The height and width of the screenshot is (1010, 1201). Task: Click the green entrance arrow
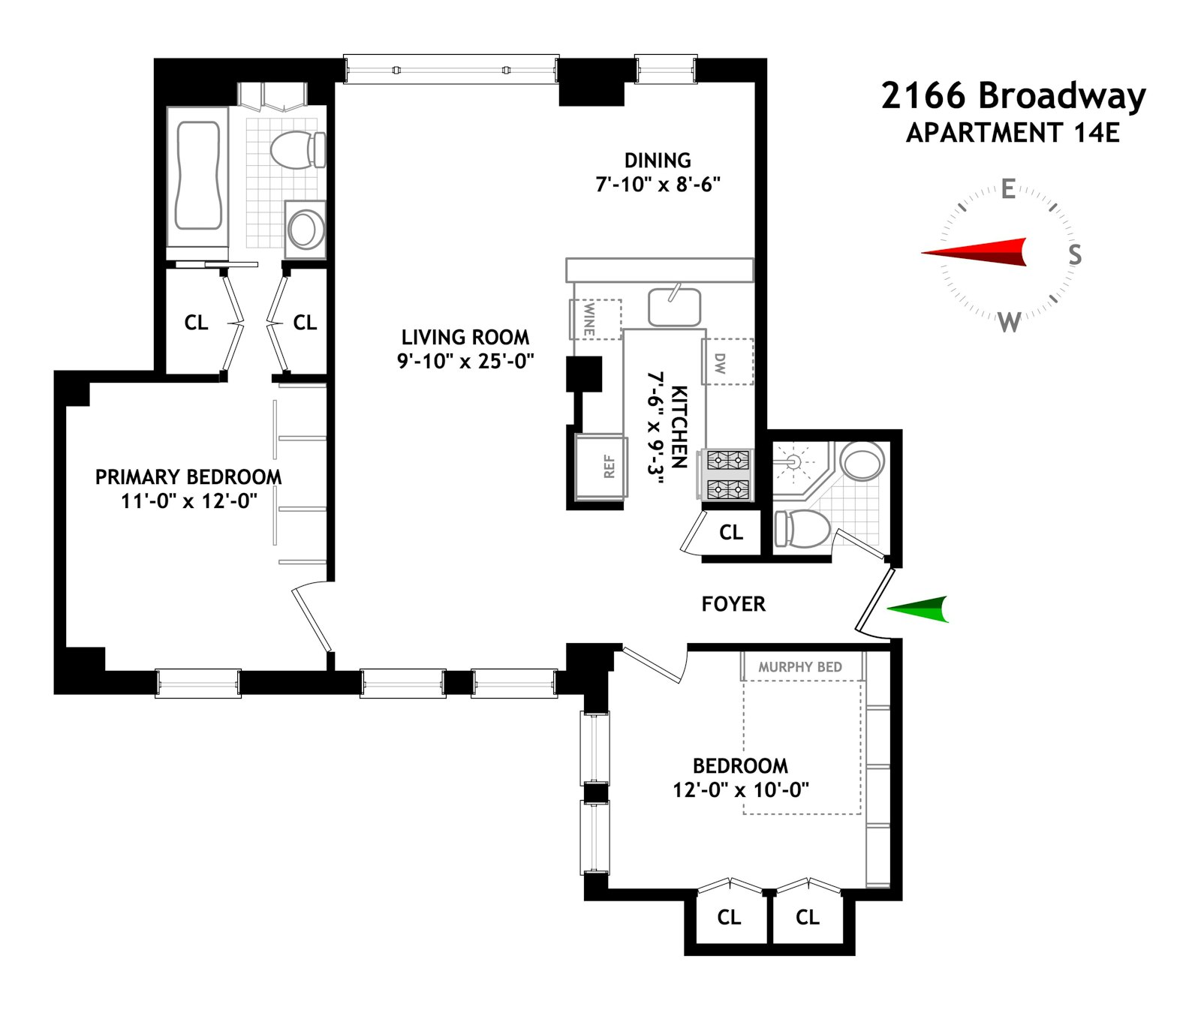click(920, 609)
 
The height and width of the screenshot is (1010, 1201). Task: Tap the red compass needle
click(976, 252)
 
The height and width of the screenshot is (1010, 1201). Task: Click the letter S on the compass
click(1075, 255)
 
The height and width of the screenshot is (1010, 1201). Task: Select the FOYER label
click(733, 604)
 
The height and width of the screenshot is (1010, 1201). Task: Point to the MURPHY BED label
click(800, 667)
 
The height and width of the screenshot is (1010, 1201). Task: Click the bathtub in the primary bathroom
click(198, 176)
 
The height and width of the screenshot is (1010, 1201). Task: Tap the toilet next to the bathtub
click(296, 150)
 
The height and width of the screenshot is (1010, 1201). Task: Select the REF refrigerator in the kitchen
click(600, 467)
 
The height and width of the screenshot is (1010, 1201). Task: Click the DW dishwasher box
click(726, 362)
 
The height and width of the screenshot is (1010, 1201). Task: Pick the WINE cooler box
click(596, 319)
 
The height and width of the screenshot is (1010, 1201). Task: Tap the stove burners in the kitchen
click(727, 474)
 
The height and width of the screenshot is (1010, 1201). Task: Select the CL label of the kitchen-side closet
click(730, 533)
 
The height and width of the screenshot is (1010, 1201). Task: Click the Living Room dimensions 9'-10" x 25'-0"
click(465, 362)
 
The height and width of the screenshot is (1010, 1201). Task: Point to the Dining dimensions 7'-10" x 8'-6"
click(658, 185)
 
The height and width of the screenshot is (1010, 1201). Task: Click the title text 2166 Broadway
click(1013, 96)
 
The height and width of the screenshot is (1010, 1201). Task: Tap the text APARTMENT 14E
click(1013, 133)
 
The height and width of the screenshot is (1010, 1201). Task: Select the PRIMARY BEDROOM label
click(188, 477)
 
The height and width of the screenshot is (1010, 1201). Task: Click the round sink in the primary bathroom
click(305, 229)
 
